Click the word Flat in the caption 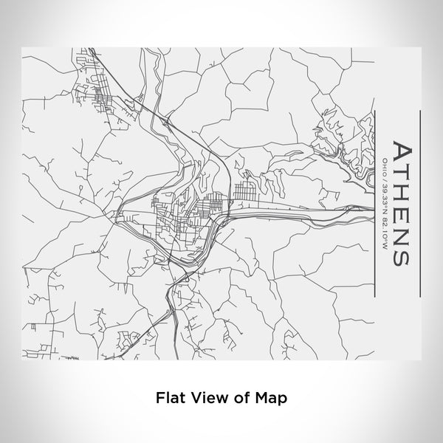[x=169, y=396]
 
